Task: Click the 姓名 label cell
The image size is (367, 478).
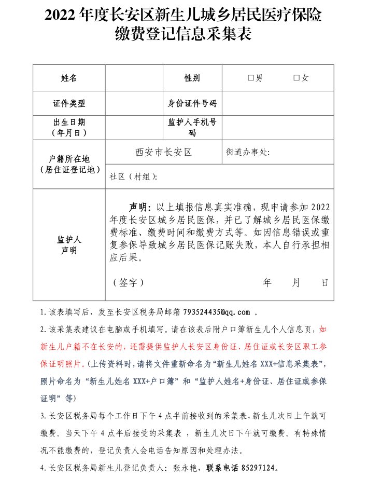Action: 69,78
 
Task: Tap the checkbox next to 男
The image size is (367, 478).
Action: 250,78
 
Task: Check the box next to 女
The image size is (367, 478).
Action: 296,78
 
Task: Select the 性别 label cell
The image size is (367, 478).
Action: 192,78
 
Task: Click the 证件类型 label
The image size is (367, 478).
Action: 69,103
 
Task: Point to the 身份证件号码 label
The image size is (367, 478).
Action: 192,103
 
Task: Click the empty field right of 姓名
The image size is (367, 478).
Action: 134,78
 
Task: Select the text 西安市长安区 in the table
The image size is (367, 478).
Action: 164,152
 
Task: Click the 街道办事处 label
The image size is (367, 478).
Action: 248,153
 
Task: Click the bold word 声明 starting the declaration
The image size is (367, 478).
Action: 138,206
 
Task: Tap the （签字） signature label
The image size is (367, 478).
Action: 128,283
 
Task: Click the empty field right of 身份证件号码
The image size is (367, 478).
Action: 278,103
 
